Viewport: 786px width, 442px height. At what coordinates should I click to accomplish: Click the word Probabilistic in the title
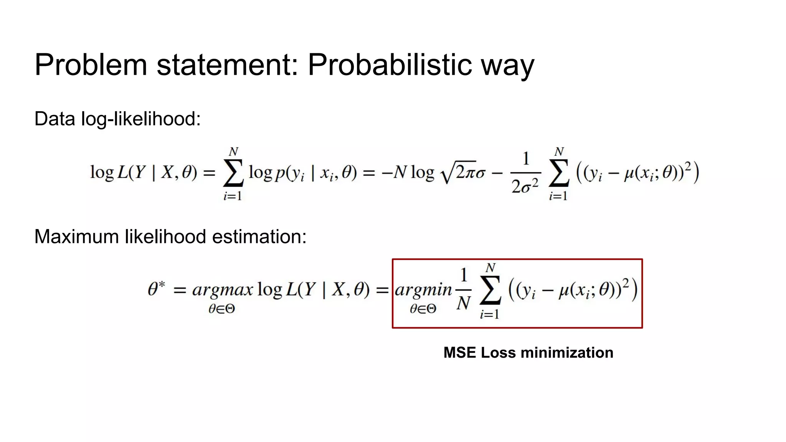390,64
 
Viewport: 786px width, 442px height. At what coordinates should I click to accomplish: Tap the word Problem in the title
91,64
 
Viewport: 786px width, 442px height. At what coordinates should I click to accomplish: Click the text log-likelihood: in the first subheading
141,119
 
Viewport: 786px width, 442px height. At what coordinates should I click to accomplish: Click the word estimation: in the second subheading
259,236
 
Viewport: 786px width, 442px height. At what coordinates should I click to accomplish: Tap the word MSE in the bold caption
459,353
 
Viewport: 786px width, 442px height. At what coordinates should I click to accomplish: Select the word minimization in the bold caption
566,353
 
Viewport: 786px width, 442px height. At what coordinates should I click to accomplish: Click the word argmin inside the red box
423,290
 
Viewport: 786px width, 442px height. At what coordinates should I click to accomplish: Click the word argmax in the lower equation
223,290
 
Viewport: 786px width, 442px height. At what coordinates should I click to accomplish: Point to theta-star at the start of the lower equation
156,289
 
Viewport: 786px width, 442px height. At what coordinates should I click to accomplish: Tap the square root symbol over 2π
447,173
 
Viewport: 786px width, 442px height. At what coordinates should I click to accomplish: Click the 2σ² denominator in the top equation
525,186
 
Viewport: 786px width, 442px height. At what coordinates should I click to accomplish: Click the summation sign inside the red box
490,290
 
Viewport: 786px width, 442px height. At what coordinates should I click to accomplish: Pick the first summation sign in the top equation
233,174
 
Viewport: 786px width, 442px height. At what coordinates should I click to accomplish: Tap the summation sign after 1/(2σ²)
558,174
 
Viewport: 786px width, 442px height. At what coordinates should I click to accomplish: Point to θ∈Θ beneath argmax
221,309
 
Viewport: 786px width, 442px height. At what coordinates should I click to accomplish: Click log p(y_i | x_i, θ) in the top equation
302,173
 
